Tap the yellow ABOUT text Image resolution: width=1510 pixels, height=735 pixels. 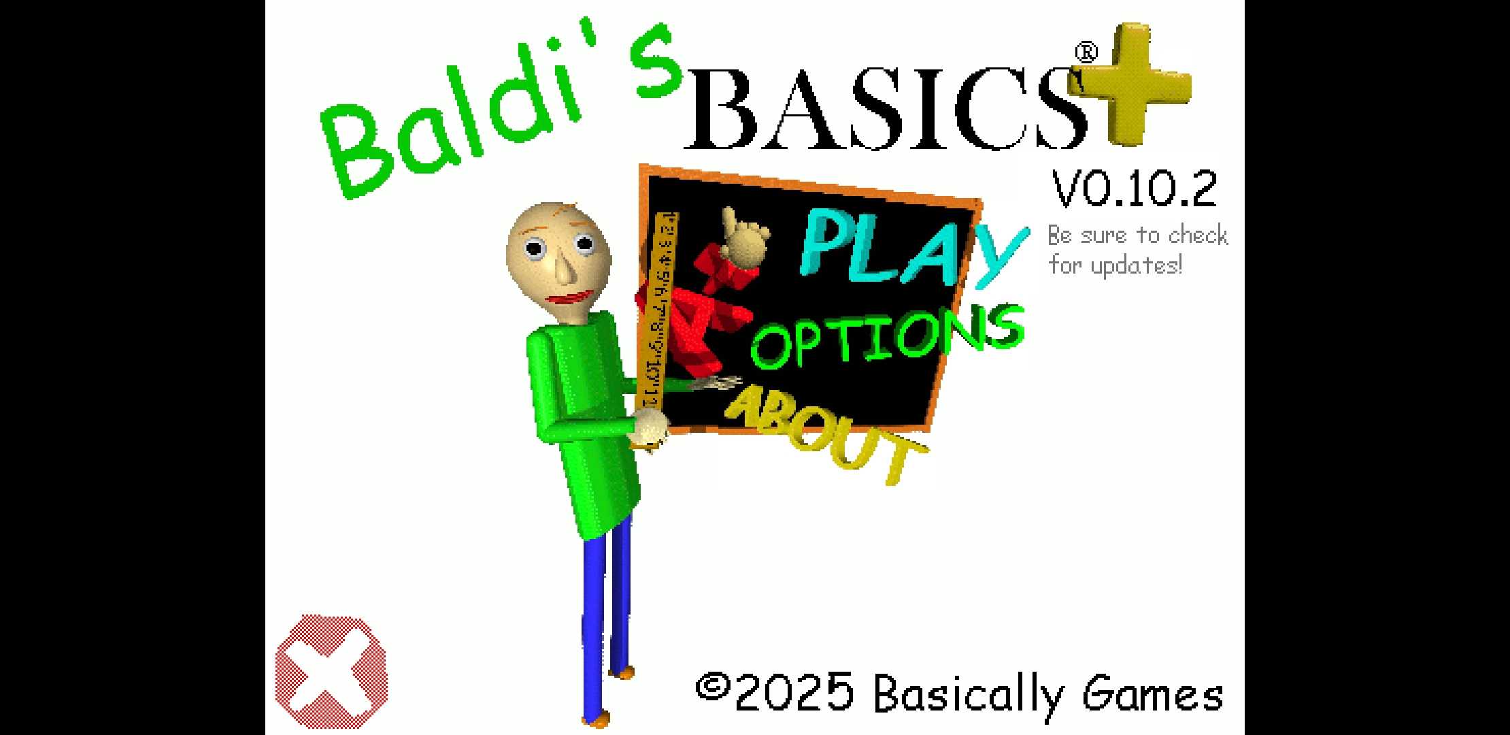pyautogui.click(x=826, y=432)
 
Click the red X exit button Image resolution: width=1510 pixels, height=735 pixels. pyautogui.click(x=331, y=671)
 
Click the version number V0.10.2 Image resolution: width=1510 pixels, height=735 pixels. pyautogui.click(x=1135, y=189)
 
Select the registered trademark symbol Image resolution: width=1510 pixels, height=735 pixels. pyautogui.click(x=1086, y=53)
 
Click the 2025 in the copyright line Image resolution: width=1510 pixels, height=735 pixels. pyautogui.click(x=794, y=693)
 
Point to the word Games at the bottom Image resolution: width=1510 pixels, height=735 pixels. pyautogui.click(x=1153, y=694)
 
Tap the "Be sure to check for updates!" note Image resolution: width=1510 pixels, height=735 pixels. pyautogui.click(x=1137, y=250)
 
